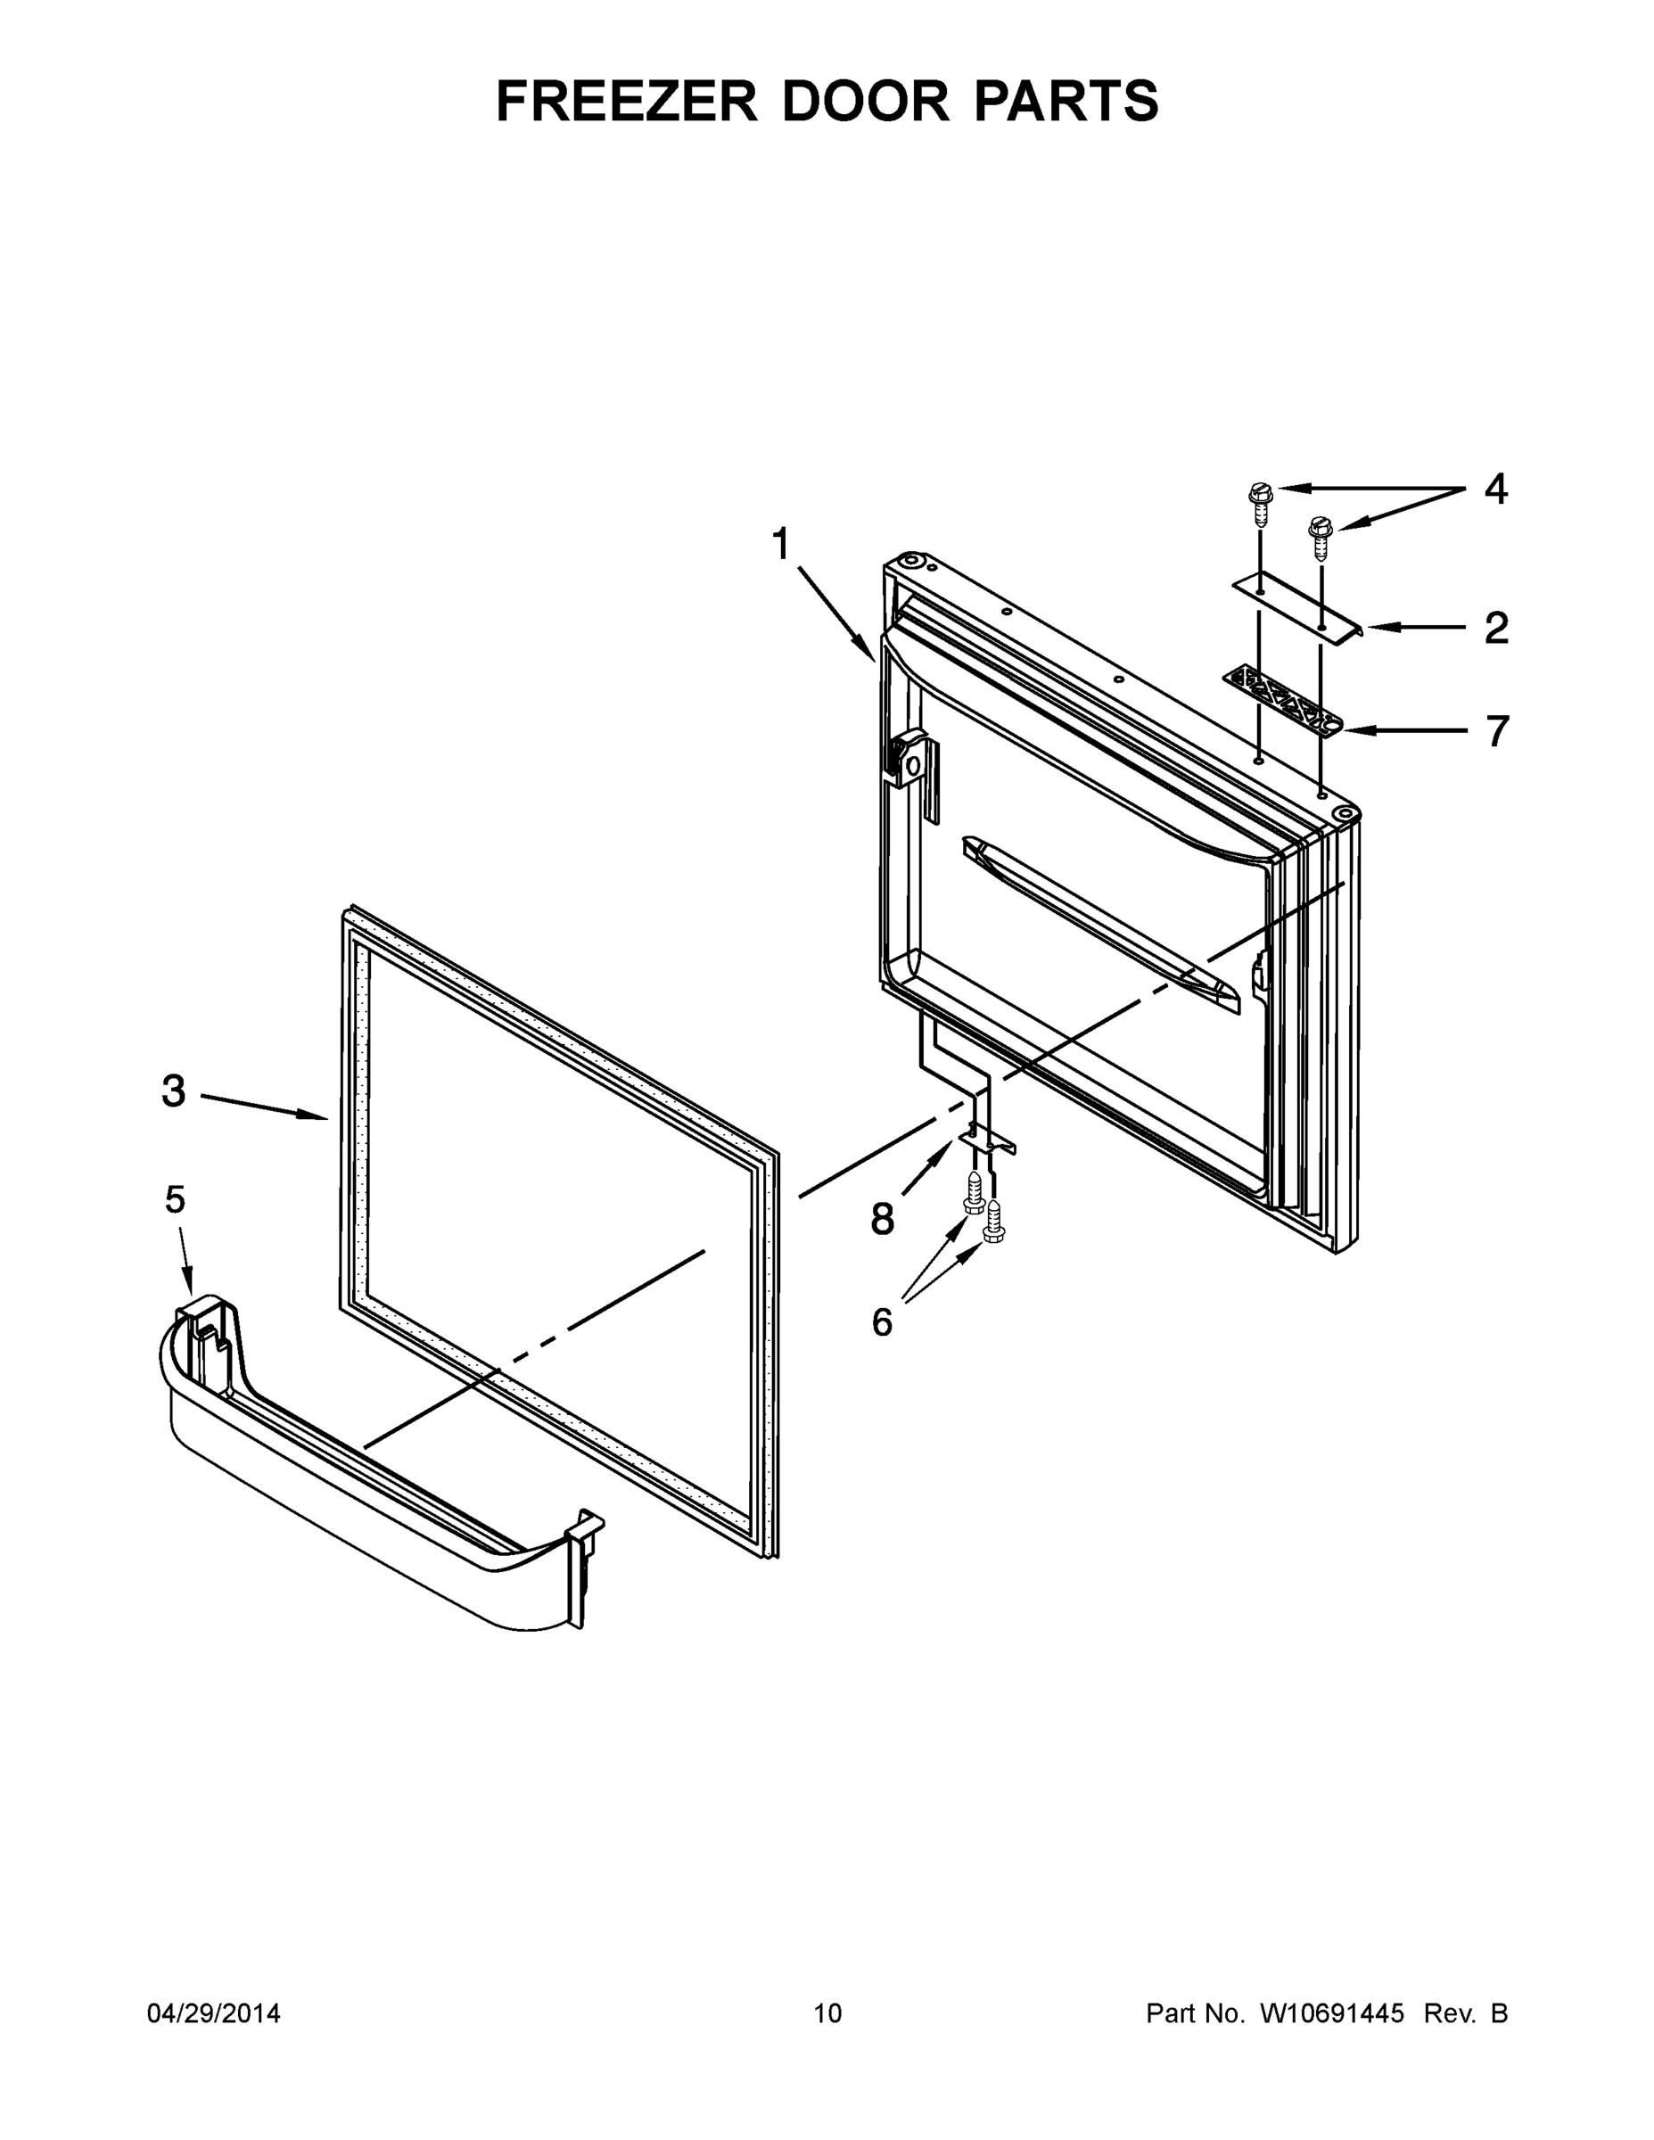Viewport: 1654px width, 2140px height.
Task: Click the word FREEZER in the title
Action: [627, 101]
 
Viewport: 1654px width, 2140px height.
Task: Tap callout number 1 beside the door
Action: [781, 544]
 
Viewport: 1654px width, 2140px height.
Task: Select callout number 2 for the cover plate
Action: [1495, 628]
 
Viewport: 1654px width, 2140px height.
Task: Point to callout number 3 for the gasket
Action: [174, 1091]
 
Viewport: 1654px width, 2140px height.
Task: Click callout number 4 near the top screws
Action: [1495, 488]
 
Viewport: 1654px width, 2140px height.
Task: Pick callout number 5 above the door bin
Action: [175, 1198]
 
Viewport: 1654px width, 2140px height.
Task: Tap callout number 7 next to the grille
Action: [1496, 731]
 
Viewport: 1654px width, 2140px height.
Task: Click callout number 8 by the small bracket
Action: [882, 1220]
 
